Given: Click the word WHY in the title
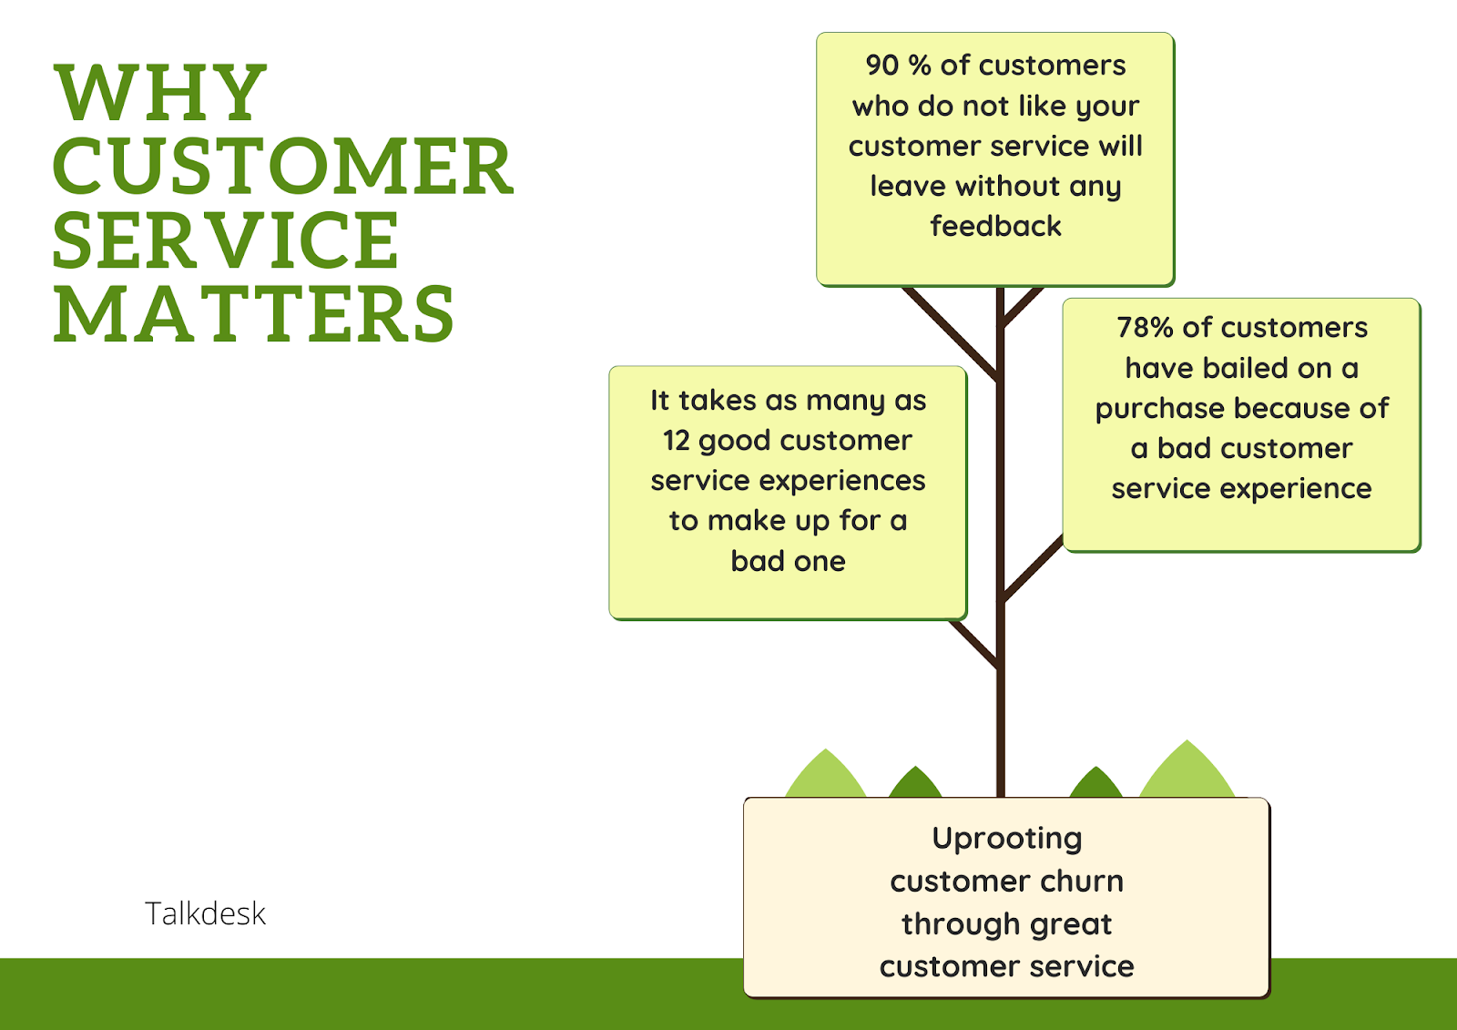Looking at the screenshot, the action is click(160, 93).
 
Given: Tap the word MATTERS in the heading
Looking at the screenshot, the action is click(253, 315).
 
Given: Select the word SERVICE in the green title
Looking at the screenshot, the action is click(225, 240).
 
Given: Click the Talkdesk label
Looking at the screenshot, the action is click(205, 913).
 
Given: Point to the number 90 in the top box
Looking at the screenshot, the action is click(881, 66).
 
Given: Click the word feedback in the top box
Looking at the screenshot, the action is click(995, 226).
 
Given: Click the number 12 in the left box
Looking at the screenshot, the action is click(677, 441).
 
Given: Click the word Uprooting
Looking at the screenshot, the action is click(1006, 838).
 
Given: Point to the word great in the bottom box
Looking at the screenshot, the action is click(1071, 923).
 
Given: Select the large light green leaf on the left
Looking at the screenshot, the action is click(825, 778).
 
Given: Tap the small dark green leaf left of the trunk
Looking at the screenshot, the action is click(915, 784).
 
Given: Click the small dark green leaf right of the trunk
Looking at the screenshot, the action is click(1095, 784).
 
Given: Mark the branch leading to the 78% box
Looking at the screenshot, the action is click(1033, 569).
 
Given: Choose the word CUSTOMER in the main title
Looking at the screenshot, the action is click(282, 167).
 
